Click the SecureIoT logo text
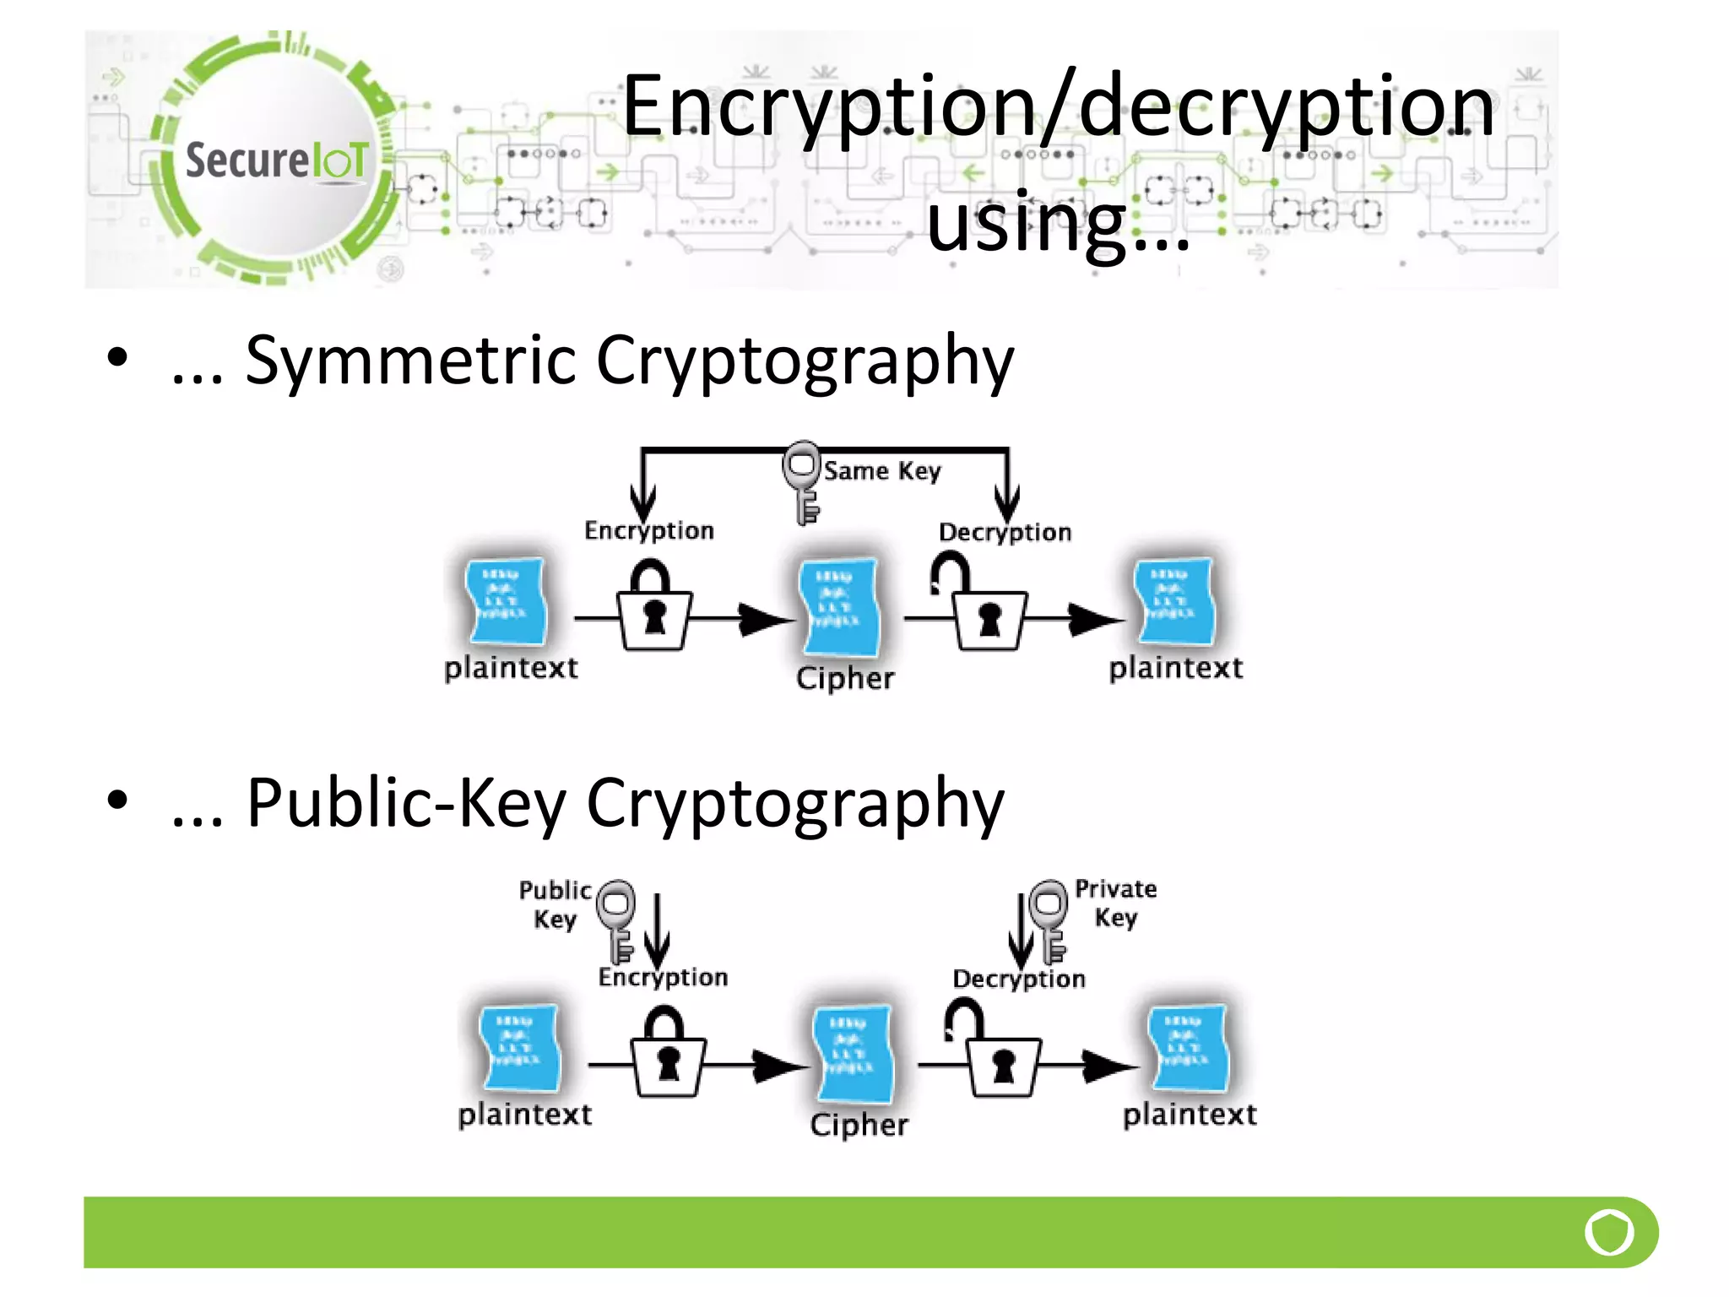[x=277, y=160]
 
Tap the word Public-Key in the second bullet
[x=405, y=804]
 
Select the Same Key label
[x=881, y=471]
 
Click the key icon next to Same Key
[x=803, y=481]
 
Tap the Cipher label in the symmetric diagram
[x=844, y=679]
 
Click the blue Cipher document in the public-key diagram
[x=853, y=1053]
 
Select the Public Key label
[x=555, y=904]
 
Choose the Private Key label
[x=1115, y=903]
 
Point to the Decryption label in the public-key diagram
[x=1019, y=980]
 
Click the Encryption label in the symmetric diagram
[x=648, y=531]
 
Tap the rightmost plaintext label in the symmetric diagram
[x=1175, y=669]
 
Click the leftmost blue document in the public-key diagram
[x=518, y=1047]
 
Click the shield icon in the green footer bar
[x=1609, y=1233]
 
